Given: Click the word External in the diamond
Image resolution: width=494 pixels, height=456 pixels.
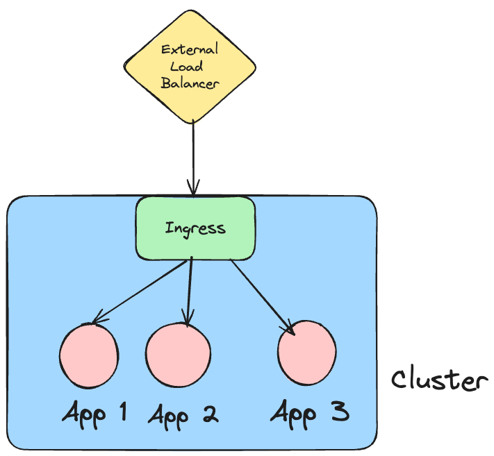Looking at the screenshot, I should [190, 50].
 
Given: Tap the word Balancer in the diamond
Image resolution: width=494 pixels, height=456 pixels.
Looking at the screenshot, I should [190, 84].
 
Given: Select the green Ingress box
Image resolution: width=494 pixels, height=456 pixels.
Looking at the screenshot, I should [195, 228].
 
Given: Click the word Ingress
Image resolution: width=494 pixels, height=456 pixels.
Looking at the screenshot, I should [195, 228].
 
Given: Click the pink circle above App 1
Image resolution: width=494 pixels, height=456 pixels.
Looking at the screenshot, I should [88, 355].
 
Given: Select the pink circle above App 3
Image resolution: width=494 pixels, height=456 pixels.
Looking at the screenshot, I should [306, 353].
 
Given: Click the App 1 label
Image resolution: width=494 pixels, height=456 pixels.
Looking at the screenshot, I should [94, 414].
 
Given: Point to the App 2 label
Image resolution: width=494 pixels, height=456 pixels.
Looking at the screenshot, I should [183, 415].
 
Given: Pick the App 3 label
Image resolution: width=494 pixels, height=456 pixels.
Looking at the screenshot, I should [309, 413].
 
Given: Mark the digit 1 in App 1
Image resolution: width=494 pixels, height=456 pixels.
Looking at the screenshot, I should [122, 412].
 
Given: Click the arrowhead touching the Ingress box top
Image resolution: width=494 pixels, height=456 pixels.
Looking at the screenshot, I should [192, 189].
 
